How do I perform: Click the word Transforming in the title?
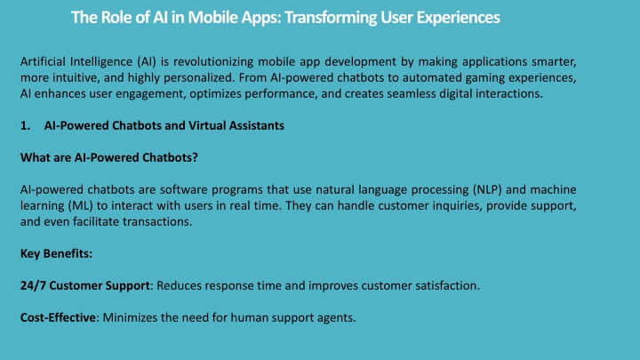coord(331,18)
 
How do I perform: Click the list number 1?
coord(25,125)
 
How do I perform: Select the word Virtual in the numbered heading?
coord(206,125)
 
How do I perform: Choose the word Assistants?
coord(256,125)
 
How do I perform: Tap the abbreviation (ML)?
coord(81,205)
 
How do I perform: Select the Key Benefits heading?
coord(56,254)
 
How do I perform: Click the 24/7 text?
coord(33,285)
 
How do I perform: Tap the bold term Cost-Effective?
coord(58,317)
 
